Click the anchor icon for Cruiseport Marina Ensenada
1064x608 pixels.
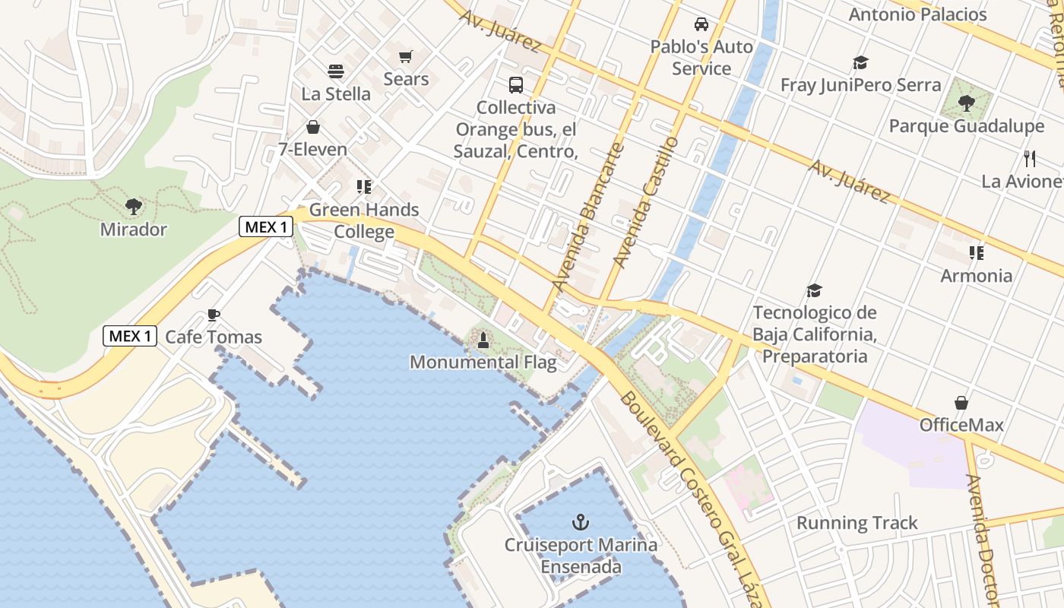[581, 522]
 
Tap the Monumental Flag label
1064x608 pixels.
[483, 363]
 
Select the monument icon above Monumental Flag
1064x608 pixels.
[483, 341]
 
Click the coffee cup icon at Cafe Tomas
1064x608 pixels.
[214, 315]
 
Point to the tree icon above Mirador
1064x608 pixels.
[133, 206]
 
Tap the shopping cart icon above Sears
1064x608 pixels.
[406, 57]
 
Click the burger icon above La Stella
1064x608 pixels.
[336, 71]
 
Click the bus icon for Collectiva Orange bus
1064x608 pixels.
[516, 84]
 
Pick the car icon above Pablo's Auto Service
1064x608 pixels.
[701, 24]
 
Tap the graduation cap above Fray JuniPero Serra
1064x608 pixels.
[860, 62]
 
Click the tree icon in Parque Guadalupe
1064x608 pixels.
[967, 103]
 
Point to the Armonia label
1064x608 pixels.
[977, 275]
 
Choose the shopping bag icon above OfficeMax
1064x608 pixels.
[961, 403]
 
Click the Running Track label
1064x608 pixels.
[857, 523]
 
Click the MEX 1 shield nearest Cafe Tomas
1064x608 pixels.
[130, 336]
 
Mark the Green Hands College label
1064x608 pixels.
[364, 220]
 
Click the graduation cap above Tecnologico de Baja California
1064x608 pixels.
[815, 290]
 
